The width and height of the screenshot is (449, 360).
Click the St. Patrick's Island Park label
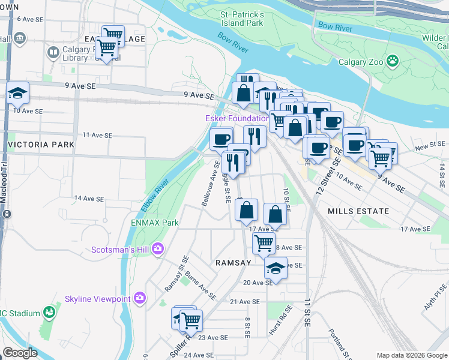[242, 18]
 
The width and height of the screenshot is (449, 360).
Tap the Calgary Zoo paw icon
[393, 60]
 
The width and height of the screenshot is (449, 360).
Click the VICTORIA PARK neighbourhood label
[41, 145]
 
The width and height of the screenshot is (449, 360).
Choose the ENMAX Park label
[155, 223]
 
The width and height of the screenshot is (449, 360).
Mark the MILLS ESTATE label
[358, 211]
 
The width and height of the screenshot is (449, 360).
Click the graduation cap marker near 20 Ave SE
[276, 268]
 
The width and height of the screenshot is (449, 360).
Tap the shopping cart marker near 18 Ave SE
[264, 244]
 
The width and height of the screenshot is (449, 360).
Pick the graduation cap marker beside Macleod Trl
[18, 93]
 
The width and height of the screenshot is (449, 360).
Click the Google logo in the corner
[20, 353]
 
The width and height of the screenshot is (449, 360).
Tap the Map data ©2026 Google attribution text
[411, 355]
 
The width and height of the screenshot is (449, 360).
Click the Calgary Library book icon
[53, 53]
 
